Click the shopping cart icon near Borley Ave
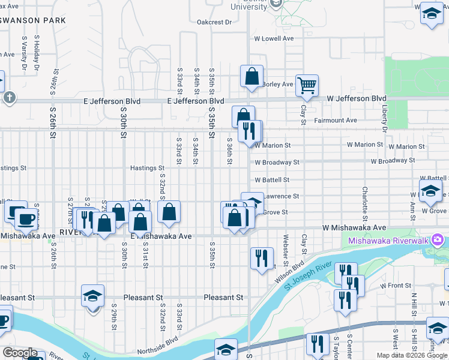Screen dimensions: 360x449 pos(307,86)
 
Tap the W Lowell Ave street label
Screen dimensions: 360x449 pos(274,38)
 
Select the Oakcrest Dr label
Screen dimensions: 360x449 pos(214,22)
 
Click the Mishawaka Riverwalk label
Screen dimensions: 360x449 pos(388,241)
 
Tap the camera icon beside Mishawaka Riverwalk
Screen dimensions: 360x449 pos(438,241)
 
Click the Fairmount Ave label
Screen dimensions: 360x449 pos(336,121)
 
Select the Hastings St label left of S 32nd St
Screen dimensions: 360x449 pos(147,169)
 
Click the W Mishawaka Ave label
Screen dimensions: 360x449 pos(354,228)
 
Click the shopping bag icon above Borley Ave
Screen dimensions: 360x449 pos(252,76)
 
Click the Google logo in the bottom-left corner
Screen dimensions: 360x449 pos(20,353)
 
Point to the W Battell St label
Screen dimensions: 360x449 pos(272,179)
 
